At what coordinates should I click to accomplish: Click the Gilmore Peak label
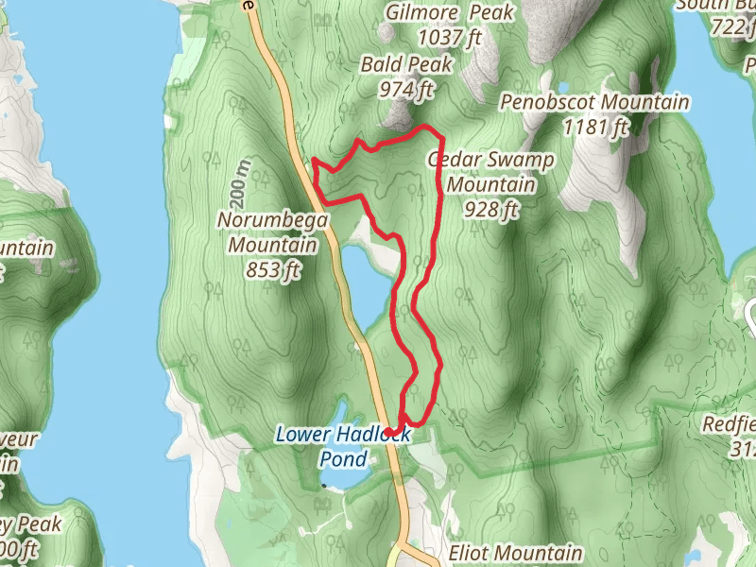coord(451,13)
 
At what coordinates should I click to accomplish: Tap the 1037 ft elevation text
coord(451,38)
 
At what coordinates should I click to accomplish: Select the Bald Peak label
coord(406,65)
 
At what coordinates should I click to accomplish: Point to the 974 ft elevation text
coord(405,90)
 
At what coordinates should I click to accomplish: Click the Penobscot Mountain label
coord(594,102)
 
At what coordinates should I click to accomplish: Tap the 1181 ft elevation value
coord(595,126)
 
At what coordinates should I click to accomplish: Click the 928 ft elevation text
coord(491,209)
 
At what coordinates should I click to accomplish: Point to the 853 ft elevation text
coord(272,270)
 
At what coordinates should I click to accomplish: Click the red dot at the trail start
coord(388,432)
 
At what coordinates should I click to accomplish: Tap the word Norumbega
coord(272,221)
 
